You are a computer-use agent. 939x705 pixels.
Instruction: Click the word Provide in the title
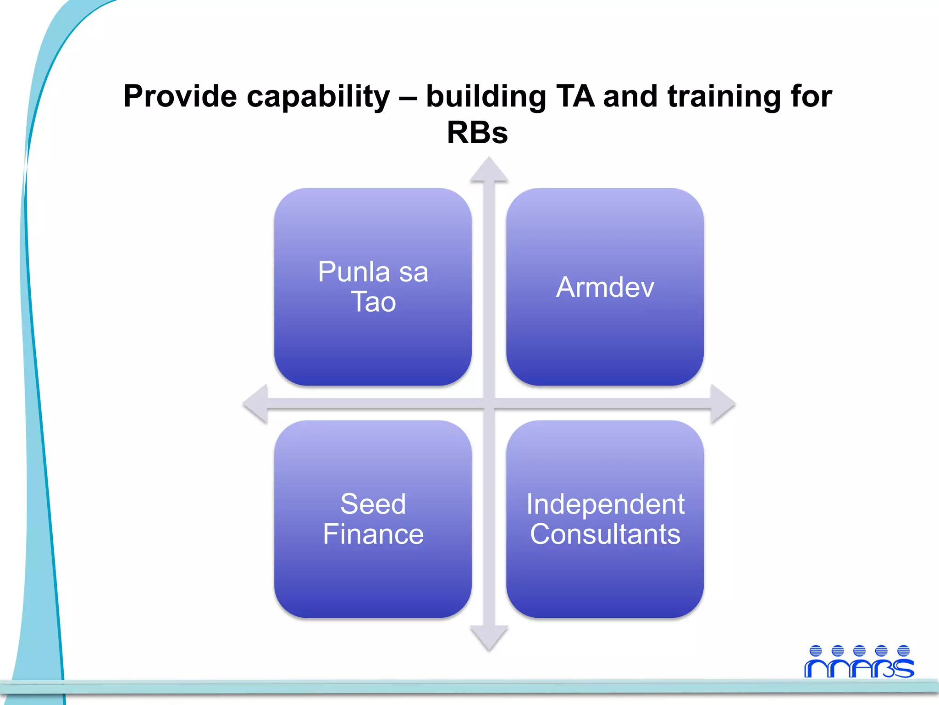pos(180,97)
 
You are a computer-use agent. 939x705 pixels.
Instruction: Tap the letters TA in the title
pos(575,97)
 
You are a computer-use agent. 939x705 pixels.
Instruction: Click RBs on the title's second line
pos(477,133)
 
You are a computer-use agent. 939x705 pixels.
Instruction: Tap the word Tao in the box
pos(373,302)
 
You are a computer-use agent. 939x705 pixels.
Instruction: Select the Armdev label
pos(605,287)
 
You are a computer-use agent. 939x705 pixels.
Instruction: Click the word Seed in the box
pos(373,504)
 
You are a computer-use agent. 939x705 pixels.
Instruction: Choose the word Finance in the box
pos(373,534)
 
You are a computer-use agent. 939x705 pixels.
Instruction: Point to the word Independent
pos(605,504)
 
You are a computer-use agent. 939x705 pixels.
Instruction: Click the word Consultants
pos(605,534)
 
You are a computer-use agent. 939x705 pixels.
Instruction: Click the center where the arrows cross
pos(489,404)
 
